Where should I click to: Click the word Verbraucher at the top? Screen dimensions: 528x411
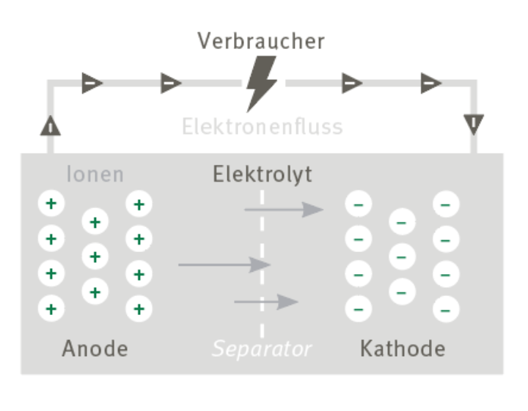coord(261,41)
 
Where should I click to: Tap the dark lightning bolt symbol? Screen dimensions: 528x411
coord(261,84)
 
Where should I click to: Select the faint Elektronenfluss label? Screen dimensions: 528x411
coord(263,127)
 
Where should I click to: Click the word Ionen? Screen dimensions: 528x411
coord(95,174)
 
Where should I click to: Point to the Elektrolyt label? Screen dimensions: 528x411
coord(263,174)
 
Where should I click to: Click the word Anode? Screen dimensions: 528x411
coord(95,349)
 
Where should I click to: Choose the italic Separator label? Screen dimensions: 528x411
coord(262,349)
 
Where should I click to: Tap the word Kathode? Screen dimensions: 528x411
coord(403,349)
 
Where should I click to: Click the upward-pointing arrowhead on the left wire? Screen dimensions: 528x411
coord(51,126)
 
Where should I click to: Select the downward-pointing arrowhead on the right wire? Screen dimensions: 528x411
coord(474,125)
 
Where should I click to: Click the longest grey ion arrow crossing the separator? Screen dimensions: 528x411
coord(224,264)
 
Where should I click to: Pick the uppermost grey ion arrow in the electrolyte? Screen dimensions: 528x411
coord(284,210)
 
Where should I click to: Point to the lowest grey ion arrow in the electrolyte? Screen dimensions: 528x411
coord(266,302)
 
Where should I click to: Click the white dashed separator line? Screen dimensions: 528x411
coord(262,264)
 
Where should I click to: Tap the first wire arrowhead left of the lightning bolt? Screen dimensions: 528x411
coord(172,83)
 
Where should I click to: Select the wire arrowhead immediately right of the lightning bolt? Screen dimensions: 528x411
coord(352,83)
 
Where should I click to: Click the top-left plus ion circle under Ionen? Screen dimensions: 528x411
coord(51,204)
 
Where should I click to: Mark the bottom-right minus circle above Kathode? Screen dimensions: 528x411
coord(446,309)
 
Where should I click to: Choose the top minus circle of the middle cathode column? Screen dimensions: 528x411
coord(402,222)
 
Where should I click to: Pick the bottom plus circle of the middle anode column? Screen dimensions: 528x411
coord(95,292)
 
